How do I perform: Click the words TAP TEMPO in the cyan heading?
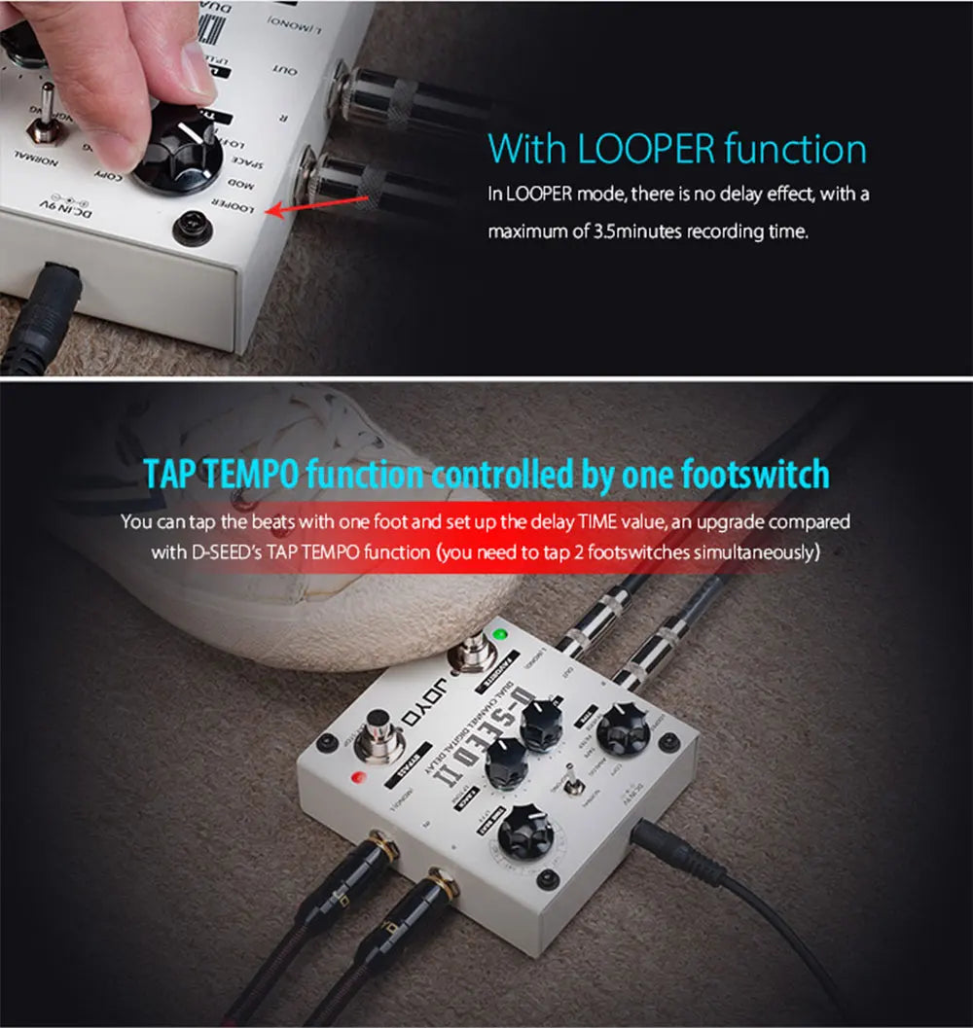click(x=221, y=476)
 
